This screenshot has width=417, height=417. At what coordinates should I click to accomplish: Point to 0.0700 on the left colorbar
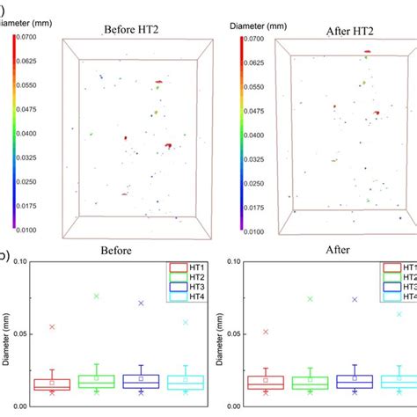(x=32, y=36)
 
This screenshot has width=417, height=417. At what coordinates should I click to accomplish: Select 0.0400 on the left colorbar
(x=32, y=133)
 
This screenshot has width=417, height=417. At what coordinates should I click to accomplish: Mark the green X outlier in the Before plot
(x=97, y=296)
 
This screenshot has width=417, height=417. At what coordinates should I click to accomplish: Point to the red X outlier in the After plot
(x=266, y=332)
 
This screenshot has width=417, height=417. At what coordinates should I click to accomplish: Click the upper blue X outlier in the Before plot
(x=141, y=304)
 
